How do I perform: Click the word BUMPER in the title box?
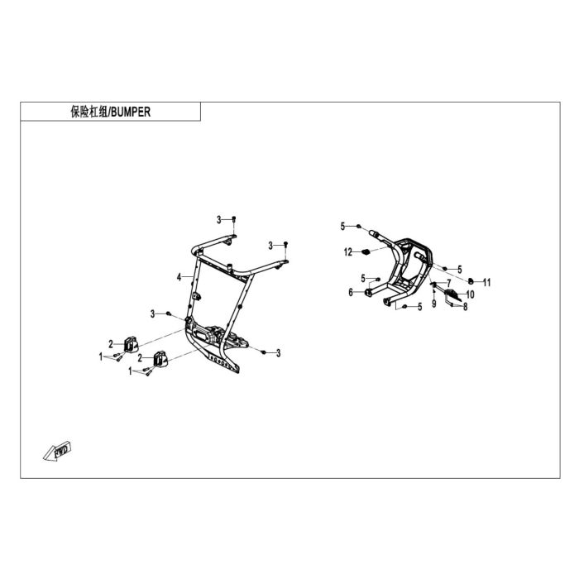131,112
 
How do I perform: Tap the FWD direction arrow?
57,451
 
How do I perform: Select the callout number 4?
179,277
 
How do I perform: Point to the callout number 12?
348,252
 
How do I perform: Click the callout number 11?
487,283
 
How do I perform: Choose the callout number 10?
470,294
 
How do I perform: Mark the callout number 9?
434,304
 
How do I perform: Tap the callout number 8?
465,307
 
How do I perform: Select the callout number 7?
448,284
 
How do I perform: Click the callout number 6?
351,293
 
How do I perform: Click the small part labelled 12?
366,252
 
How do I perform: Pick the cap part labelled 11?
471,281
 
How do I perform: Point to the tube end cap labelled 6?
368,293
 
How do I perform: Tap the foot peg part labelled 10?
452,294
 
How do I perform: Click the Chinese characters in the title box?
89,112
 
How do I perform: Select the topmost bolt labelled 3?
234,219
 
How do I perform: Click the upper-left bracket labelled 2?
131,344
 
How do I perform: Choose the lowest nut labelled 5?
404,307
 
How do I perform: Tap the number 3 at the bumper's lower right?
279,353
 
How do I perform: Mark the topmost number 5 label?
342,227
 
